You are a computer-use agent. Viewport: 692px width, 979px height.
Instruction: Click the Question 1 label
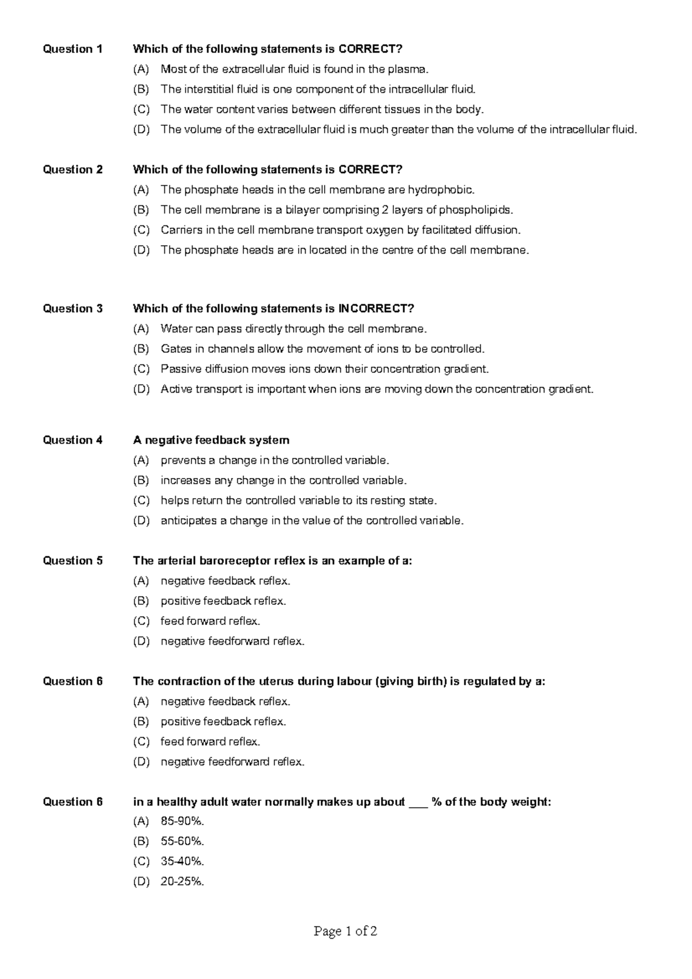pos(73,49)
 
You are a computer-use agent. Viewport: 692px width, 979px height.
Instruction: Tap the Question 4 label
pos(73,440)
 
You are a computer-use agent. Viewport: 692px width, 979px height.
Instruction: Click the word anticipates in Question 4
pos(188,521)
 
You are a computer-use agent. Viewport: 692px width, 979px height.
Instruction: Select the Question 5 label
pos(73,560)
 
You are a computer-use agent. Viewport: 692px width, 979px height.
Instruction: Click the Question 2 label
pos(73,170)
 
